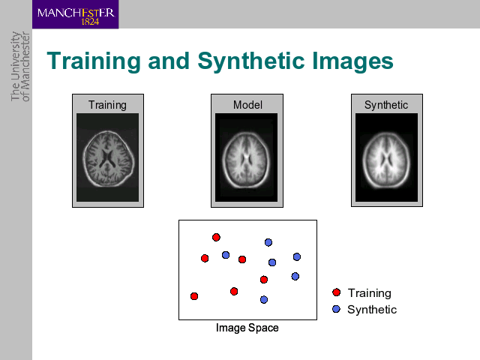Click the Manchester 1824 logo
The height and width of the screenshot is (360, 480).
pyautogui.click(x=75, y=14)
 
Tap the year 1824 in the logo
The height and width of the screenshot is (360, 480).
pyautogui.click(x=90, y=22)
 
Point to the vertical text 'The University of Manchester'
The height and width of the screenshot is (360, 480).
pyautogui.click(x=20, y=67)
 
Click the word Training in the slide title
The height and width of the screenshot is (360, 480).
pyautogui.click(x=94, y=61)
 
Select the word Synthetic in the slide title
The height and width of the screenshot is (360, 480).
pyautogui.click(x=251, y=61)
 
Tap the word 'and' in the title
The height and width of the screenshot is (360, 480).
pyautogui.click(x=169, y=61)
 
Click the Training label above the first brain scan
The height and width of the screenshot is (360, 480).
pyautogui.click(x=107, y=105)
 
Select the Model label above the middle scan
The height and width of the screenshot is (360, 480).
pyautogui.click(x=247, y=105)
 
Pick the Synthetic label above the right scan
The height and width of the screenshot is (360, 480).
pyautogui.click(x=386, y=105)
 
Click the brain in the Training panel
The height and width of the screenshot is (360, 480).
pyautogui.click(x=108, y=159)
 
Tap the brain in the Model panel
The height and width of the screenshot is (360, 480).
pyautogui.click(x=246, y=160)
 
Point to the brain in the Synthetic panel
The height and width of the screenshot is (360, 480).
pyautogui.click(x=386, y=160)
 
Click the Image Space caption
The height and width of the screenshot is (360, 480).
pyautogui.click(x=247, y=328)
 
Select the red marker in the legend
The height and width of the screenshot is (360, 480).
pyautogui.click(x=337, y=292)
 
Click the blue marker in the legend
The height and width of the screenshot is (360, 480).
pyautogui.click(x=336, y=309)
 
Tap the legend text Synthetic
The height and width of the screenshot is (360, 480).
pyautogui.click(x=372, y=310)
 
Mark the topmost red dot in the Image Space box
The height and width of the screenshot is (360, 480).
pyautogui.click(x=216, y=237)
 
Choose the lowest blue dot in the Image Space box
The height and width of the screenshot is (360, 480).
pyautogui.click(x=264, y=300)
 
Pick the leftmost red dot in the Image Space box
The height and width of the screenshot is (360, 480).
pyautogui.click(x=194, y=296)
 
